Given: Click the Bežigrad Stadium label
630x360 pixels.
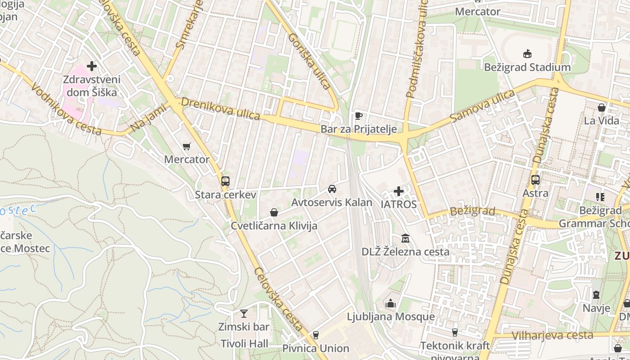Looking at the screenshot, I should [527, 67].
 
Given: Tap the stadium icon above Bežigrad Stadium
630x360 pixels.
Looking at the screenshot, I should [527, 54].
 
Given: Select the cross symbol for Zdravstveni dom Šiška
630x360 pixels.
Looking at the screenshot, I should [92, 66].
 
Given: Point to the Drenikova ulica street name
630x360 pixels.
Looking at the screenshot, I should [221, 109].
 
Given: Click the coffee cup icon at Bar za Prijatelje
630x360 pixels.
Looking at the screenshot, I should [358, 116].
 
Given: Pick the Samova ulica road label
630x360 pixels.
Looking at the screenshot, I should [482, 106].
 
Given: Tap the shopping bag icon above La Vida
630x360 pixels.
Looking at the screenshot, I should [601, 108].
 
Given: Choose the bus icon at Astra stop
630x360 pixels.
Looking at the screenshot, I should [535, 180].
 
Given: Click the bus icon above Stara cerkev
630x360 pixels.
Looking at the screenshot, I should [225, 181].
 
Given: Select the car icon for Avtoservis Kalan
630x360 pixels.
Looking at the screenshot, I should [332, 189].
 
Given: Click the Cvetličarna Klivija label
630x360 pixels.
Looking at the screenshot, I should [274, 226].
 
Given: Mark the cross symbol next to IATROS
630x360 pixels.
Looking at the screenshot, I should [398, 191].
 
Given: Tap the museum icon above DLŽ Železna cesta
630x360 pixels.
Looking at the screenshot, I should [405, 238].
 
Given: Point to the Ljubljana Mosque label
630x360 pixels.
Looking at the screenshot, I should [391, 317].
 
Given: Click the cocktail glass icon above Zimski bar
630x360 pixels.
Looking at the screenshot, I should [243, 313].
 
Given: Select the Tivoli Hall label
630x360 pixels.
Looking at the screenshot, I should [244, 344].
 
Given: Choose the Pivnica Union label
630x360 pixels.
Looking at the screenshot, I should [315, 348].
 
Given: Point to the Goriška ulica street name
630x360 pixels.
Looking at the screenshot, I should [309, 61].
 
